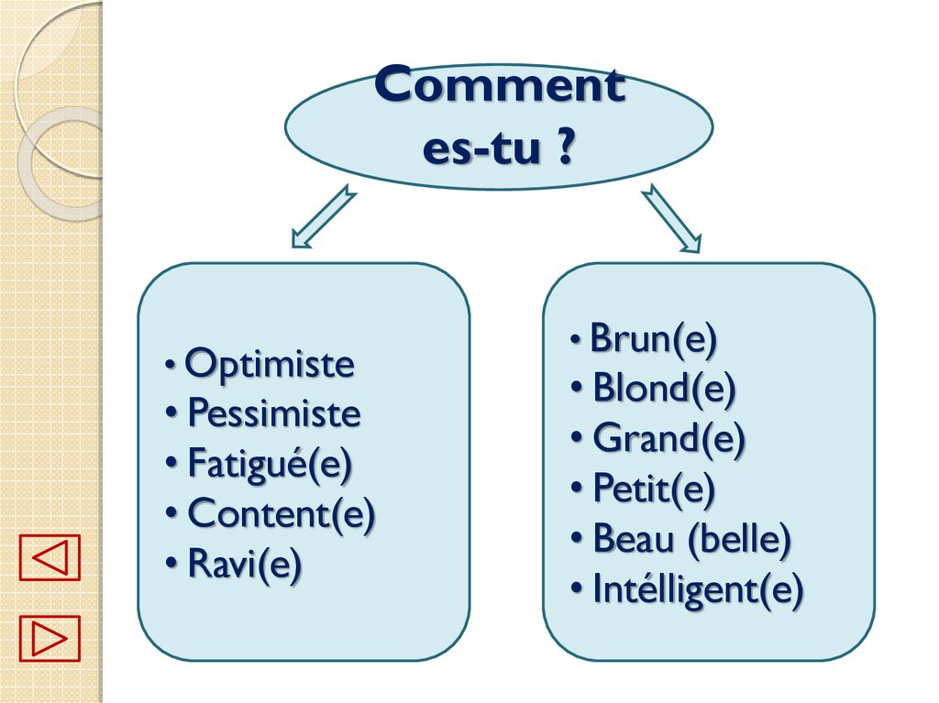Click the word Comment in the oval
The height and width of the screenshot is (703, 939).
pos(500,87)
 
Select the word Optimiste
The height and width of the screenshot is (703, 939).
pos(269,365)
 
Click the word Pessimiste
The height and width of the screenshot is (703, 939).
pos(273,414)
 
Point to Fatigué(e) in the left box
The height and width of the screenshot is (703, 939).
pos(270,465)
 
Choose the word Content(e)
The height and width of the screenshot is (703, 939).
pos(281,515)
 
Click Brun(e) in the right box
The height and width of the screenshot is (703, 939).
pos(652,339)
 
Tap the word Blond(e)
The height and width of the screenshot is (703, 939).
pos(664,389)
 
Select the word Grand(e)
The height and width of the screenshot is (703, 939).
pos(668,439)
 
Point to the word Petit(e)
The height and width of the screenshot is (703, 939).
pos(654,489)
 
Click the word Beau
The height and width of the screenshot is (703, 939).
pos(634,539)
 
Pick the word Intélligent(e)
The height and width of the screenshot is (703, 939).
pos(698,589)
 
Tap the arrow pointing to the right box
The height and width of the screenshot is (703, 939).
pos(670,218)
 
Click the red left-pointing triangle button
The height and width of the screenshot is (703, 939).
pos(50,558)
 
